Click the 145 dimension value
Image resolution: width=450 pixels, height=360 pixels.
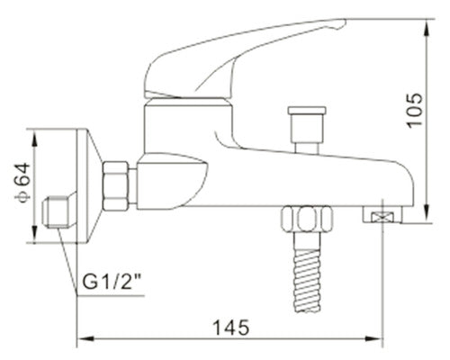[x=231, y=328]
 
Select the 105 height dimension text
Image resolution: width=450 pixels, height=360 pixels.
[x=415, y=111]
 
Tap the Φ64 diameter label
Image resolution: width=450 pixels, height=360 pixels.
[x=22, y=183]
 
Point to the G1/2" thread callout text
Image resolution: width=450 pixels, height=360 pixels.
[x=112, y=282]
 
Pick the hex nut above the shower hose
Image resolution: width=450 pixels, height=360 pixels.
[x=307, y=219]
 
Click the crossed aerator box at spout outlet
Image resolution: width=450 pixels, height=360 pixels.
[x=382, y=217]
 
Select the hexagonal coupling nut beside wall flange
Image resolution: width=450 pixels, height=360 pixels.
[x=116, y=186]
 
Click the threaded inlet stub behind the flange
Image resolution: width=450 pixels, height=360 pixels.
[x=56, y=211]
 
